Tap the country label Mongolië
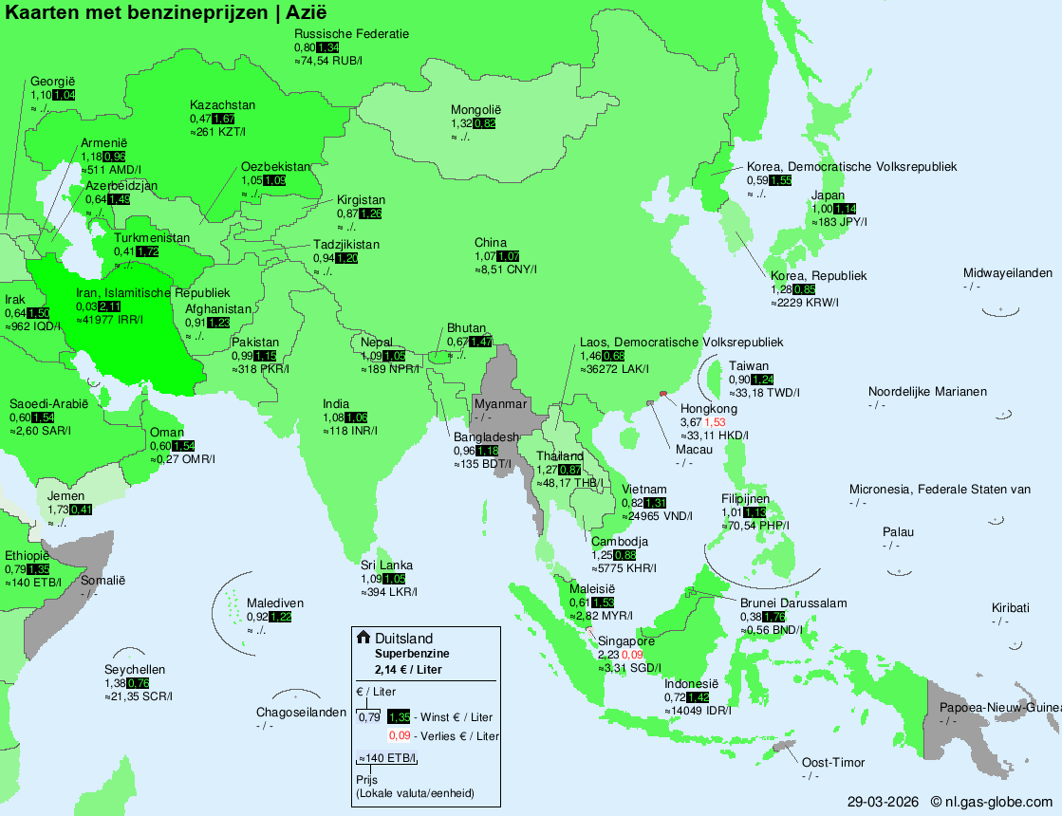pos(475,110)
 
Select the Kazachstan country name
pos(222,105)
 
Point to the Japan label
pos(828,195)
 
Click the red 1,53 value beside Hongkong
pos(715,422)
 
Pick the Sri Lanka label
pos(386,566)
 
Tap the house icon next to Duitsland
pos(363,638)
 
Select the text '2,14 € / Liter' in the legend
pos(408,669)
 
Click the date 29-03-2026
pos(884,802)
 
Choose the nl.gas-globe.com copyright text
pos(992,802)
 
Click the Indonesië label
pos(692,684)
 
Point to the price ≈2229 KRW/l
pos(805,302)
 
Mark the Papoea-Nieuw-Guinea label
pos(1000,708)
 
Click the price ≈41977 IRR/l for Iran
pos(109,319)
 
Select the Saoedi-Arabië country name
pos(48,404)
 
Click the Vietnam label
pos(644,490)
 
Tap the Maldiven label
pos(275,603)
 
